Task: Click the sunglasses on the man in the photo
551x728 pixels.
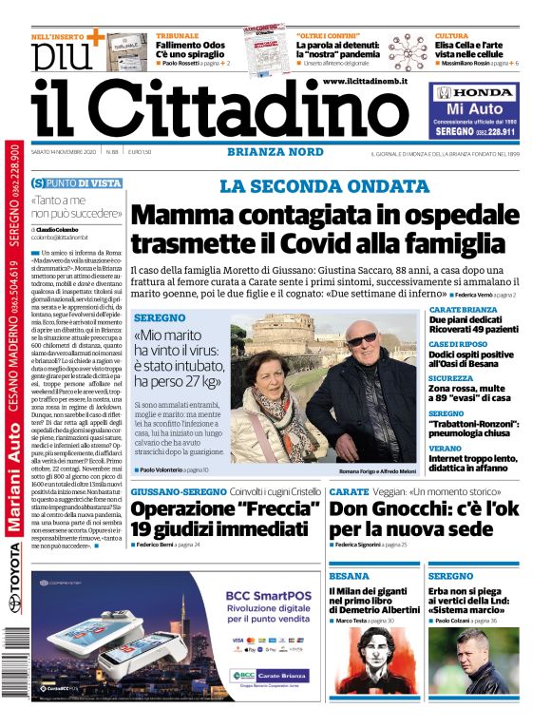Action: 362,340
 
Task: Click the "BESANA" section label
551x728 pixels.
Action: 349,576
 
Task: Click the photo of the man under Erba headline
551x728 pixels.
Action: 471,663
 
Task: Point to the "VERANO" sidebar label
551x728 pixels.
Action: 445,448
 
